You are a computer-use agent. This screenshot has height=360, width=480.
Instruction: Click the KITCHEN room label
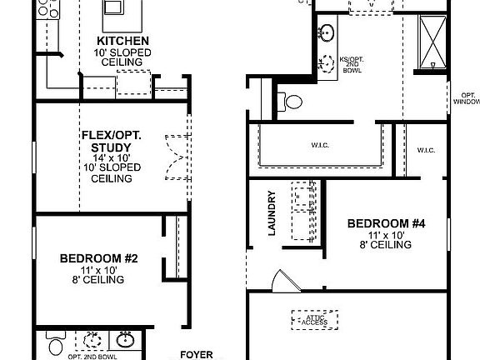pos(123,40)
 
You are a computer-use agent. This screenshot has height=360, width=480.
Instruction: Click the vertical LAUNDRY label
pos(272,213)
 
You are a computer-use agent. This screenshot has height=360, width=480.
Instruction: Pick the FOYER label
pos(197,353)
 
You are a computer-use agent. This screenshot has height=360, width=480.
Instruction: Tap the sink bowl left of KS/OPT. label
pos(327,33)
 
